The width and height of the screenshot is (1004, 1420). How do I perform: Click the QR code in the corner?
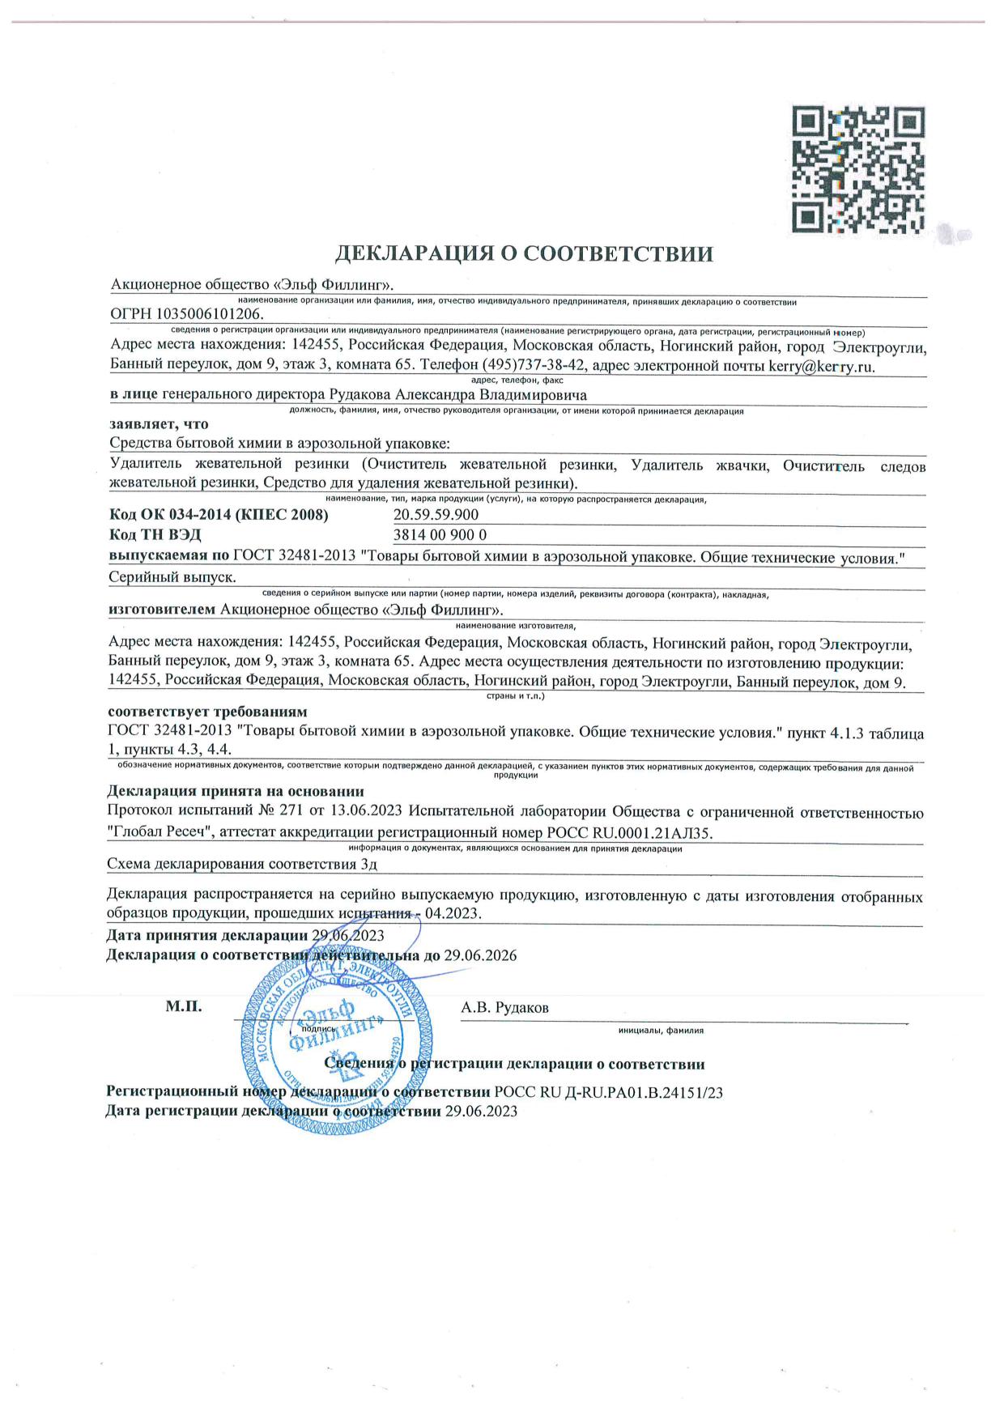click(x=857, y=169)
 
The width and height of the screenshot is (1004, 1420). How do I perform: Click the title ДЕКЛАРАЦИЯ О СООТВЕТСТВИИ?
click(x=524, y=254)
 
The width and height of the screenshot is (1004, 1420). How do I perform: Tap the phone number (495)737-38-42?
click(x=535, y=365)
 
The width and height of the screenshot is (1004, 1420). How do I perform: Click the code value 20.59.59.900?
click(x=436, y=515)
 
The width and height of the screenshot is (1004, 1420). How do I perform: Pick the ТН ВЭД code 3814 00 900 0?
click(x=440, y=535)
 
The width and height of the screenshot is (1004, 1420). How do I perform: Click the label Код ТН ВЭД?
click(x=155, y=535)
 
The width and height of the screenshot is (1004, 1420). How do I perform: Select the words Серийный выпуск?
click(x=172, y=577)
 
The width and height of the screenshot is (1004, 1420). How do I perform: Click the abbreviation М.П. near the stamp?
click(x=184, y=1007)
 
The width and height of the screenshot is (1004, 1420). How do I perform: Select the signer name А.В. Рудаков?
click(x=504, y=1008)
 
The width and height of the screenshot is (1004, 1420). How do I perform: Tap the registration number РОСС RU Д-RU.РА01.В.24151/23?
click(x=608, y=1092)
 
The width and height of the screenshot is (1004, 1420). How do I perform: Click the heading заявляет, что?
click(x=159, y=423)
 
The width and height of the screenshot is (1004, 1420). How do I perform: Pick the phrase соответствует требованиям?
click(x=208, y=712)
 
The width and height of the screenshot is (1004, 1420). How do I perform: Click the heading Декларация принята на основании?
click(x=236, y=791)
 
